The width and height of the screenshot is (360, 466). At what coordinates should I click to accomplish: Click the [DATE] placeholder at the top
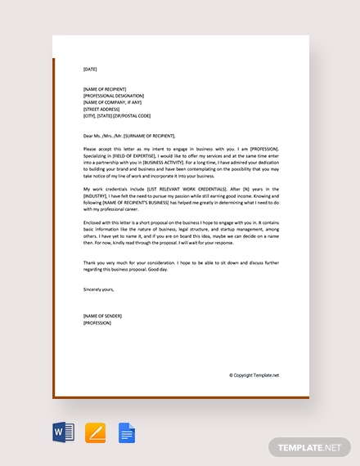[x=90, y=69]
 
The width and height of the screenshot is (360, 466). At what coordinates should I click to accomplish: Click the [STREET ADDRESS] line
[x=102, y=108]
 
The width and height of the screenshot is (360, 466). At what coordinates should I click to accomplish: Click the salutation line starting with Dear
[x=128, y=136]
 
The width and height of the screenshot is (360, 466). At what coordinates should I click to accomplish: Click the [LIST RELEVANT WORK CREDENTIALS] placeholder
[x=172, y=189]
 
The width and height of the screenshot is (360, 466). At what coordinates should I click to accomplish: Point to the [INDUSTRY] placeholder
[x=99, y=195]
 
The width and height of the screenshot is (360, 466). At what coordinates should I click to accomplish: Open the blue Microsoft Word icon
[x=64, y=432]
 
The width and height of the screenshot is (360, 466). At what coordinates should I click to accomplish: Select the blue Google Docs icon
[x=127, y=432]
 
